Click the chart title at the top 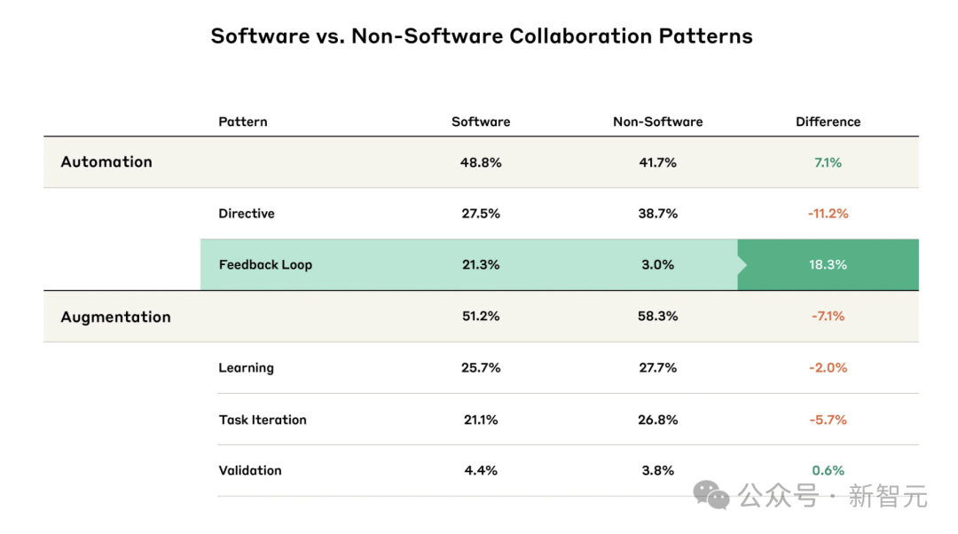click(x=482, y=36)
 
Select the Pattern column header click(x=242, y=122)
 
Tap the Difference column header click(x=828, y=122)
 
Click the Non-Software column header click(x=657, y=122)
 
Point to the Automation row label click(x=106, y=161)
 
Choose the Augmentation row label click(x=115, y=317)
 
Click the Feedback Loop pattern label click(x=265, y=264)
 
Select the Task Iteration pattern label click(x=263, y=420)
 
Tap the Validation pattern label click(x=250, y=470)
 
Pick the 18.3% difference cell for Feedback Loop click(x=828, y=264)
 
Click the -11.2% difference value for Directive click(x=828, y=213)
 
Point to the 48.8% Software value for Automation click(x=481, y=162)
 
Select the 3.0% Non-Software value click(x=657, y=264)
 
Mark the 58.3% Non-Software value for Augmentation click(x=657, y=317)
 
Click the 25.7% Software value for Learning click(x=481, y=367)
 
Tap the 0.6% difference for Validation click(x=828, y=470)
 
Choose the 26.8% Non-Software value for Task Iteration click(x=657, y=420)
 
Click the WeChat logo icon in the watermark click(x=712, y=495)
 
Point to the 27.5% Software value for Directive click(x=481, y=213)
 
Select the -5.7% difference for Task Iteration click(x=828, y=420)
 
